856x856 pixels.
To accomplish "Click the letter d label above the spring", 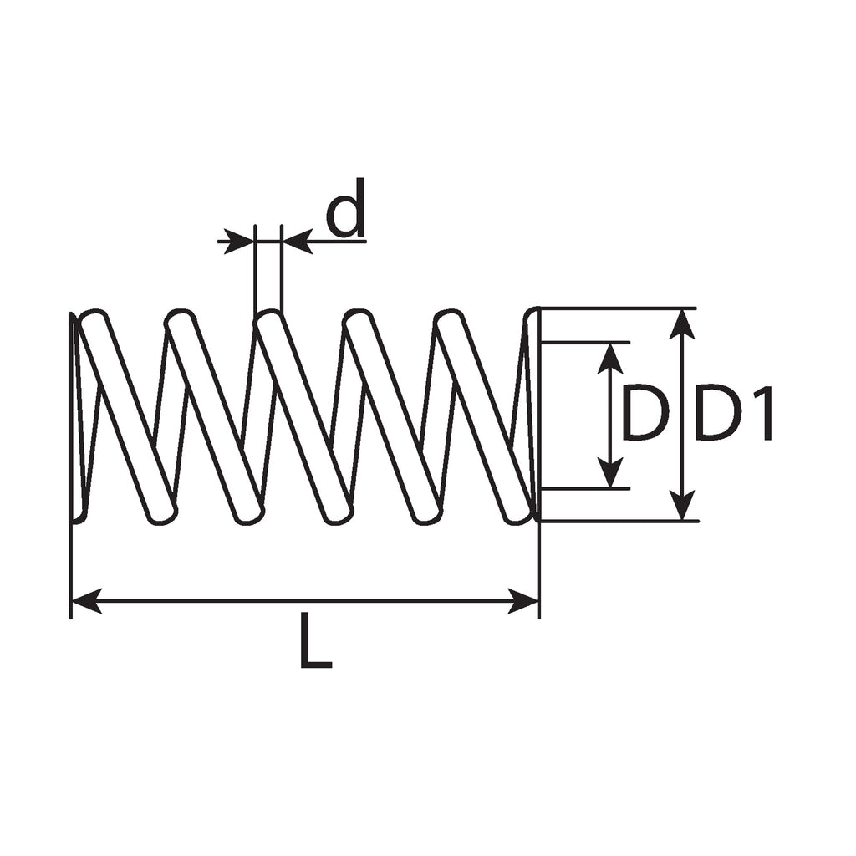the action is tap(345, 207).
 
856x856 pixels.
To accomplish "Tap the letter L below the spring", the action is tap(316, 640).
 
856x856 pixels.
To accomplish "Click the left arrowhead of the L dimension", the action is tap(86, 602).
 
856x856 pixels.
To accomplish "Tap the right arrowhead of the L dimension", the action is tap(523, 602).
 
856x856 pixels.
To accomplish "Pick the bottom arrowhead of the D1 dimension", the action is tap(682, 506).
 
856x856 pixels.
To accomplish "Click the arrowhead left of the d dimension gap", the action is tap(240, 241).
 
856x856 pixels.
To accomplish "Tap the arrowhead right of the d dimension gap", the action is tap(297, 241).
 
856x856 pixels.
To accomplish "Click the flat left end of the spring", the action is tap(72, 418).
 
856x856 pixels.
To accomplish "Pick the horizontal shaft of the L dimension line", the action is tap(305, 602).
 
